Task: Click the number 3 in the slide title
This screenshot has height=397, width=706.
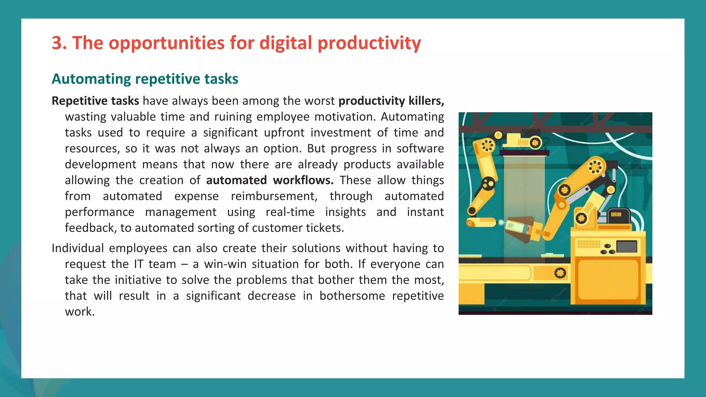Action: (57, 43)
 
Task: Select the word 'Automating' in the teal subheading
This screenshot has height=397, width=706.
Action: (91, 79)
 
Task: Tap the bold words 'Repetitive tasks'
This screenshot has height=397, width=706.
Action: (95, 101)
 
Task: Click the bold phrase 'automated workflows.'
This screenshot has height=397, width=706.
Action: (270, 180)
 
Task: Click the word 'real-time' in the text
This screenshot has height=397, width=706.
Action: (290, 212)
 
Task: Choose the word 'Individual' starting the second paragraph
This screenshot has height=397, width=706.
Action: (78, 248)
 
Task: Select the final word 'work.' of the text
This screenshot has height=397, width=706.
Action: (80, 312)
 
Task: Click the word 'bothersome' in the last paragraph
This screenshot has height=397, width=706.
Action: (352, 296)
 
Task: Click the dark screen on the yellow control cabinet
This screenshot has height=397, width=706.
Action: (626, 247)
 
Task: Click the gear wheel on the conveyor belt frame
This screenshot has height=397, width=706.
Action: (560, 273)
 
